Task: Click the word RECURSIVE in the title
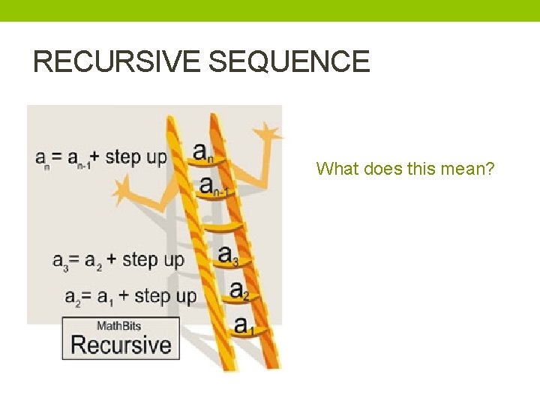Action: point(117,61)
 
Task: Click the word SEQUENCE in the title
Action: point(289,61)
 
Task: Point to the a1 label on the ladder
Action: point(244,325)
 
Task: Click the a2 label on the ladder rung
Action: point(239,290)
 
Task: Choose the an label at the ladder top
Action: point(203,151)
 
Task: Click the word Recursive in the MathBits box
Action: point(121,345)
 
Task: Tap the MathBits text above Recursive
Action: point(118,325)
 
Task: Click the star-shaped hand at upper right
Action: point(266,135)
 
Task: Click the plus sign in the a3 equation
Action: point(111,259)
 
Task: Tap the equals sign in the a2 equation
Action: point(86,296)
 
